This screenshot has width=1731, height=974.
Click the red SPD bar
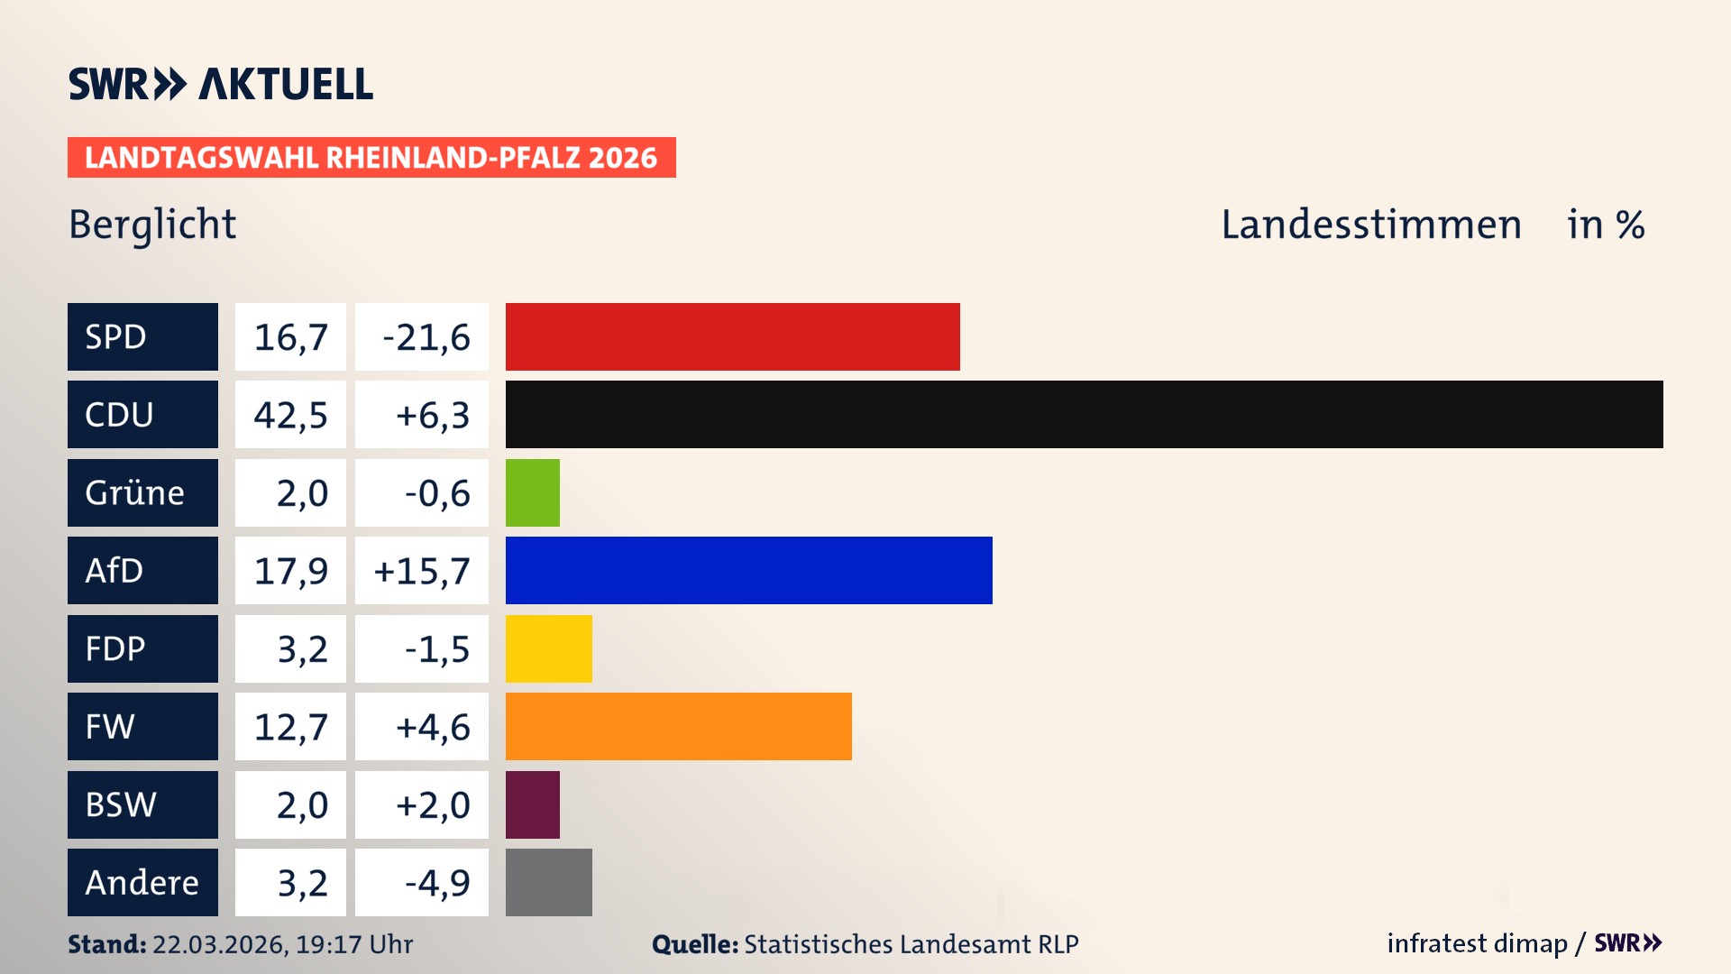click(x=732, y=336)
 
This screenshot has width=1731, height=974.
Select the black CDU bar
click(x=1084, y=414)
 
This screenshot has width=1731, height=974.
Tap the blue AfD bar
click(x=748, y=570)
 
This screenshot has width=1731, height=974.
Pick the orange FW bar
click(x=678, y=726)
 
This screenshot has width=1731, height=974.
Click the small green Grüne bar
click(x=532, y=492)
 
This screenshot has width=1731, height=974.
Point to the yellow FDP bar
click(x=548, y=648)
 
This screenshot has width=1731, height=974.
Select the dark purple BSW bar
click(x=532, y=804)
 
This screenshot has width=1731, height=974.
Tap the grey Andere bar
click(x=548, y=882)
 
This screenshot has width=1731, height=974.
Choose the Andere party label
click(x=142, y=882)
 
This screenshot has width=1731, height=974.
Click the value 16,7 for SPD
click(x=290, y=337)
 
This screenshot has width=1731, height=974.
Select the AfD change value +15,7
click(x=422, y=571)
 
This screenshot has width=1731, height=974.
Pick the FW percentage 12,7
click(x=290, y=727)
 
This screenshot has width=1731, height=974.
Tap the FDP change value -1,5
click(x=437, y=649)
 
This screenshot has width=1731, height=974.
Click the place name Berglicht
click(x=152, y=225)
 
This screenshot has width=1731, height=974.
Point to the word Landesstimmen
click(x=1370, y=225)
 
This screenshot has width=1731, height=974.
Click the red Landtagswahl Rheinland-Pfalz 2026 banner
click(x=371, y=157)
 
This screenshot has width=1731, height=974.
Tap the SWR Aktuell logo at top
click(x=221, y=84)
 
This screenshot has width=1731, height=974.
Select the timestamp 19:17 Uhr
click(x=354, y=944)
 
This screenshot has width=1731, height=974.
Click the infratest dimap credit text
click(x=1477, y=943)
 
